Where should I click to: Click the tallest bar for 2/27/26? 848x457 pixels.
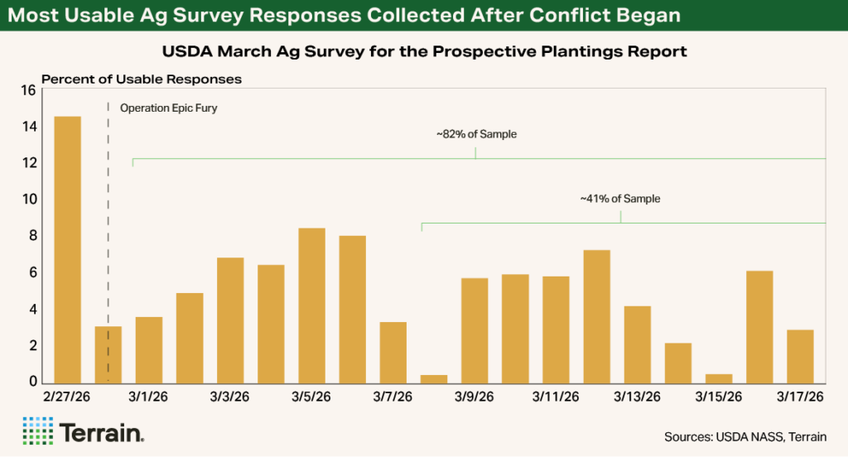[67, 248]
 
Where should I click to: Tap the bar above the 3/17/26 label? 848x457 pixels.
[800, 356]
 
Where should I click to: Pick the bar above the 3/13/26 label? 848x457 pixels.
[637, 344]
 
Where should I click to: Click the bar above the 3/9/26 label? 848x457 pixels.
[475, 330]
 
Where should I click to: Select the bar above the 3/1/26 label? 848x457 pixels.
[149, 349]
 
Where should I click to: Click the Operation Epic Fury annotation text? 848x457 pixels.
[168, 108]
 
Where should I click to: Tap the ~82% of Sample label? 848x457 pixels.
[476, 134]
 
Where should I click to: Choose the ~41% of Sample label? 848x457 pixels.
[620, 199]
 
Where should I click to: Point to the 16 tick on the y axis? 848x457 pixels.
[27, 90]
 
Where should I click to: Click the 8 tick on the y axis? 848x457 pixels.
[31, 236]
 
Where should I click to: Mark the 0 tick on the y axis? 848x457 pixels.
[31, 382]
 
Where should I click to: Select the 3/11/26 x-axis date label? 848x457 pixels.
[556, 397]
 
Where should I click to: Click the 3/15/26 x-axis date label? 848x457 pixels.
[718, 397]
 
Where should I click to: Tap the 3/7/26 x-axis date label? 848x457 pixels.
[393, 397]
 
